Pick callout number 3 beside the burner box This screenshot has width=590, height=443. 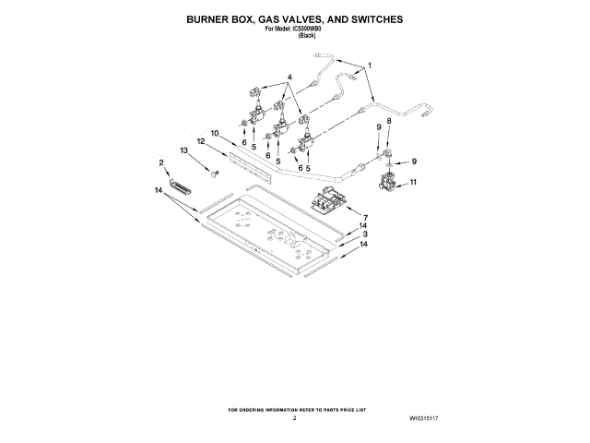pos(365,235)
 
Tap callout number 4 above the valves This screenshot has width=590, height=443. pos(289,77)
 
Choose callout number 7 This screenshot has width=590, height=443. pos(365,217)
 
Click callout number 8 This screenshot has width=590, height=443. pos(388,121)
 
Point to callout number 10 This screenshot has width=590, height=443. pos(213,133)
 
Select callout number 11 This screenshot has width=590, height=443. pos(413,183)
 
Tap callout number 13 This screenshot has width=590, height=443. pos(184,150)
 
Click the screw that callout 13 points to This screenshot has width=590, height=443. pos(214,173)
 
